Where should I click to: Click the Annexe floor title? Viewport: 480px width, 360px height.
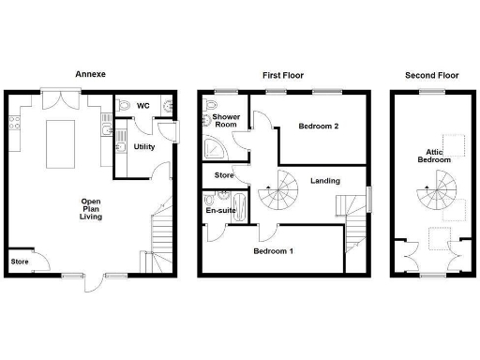tap(90, 73)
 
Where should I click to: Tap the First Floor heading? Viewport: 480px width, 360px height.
tap(279, 73)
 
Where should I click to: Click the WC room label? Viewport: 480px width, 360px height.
tap(144, 105)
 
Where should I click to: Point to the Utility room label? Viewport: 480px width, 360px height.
tap(144, 147)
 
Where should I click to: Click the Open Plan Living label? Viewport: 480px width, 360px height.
tap(91, 209)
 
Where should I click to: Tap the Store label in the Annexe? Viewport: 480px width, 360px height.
tap(19, 262)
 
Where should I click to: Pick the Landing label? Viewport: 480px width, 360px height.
tap(325, 181)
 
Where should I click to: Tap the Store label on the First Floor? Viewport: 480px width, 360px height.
tap(223, 175)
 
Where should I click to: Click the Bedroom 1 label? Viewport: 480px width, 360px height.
tap(273, 251)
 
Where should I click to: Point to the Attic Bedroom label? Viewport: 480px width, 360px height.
tap(434, 156)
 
